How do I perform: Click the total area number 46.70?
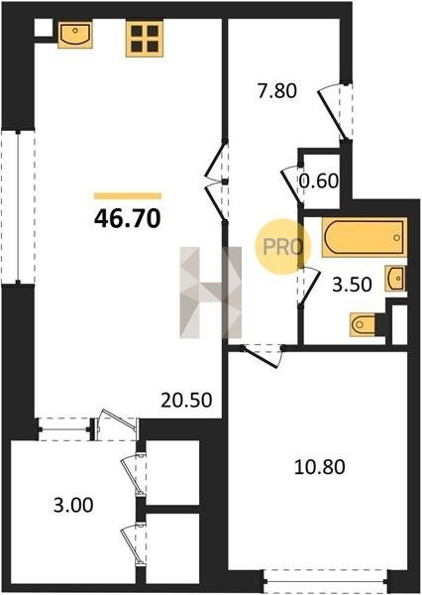tap(128, 219)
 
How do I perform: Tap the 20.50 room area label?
tap(186, 400)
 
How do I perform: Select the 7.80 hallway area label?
tap(276, 91)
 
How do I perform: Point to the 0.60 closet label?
tap(319, 181)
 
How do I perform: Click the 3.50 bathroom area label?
tap(352, 285)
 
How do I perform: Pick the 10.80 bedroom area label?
tap(320, 467)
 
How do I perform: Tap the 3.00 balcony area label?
tap(73, 506)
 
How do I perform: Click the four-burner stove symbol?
tap(145, 39)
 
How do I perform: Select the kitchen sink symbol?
tap(75, 35)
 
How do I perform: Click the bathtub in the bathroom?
tap(365, 237)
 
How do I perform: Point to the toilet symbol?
tap(363, 324)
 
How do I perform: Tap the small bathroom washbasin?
tap(395, 278)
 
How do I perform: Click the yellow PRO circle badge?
tap(282, 247)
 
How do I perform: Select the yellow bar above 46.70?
tap(128, 196)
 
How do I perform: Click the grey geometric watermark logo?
tap(210, 293)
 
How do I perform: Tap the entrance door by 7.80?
tap(336, 112)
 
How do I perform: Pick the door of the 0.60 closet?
tap(292, 184)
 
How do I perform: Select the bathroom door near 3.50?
tap(308, 286)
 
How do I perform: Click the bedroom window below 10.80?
tap(325, 581)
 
